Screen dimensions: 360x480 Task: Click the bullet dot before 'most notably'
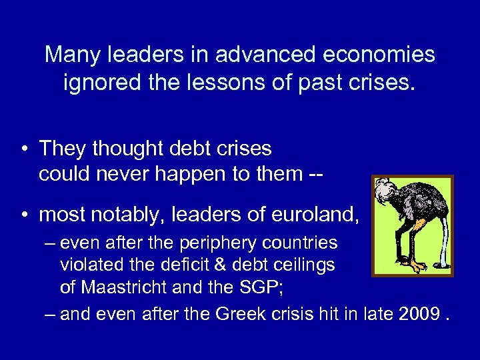click(x=23, y=215)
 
